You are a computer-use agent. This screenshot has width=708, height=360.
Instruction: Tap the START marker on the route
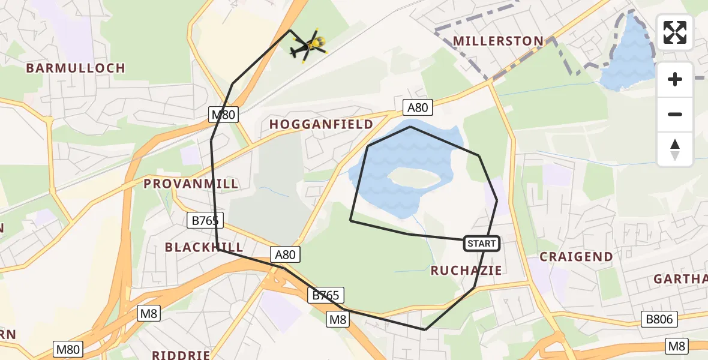(x=481, y=244)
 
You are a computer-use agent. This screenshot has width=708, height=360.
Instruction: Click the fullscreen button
(x=675, y=32)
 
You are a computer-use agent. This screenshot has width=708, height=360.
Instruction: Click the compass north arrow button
(x=675, y=149)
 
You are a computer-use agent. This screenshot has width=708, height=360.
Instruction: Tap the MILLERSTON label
(x=498, y=41)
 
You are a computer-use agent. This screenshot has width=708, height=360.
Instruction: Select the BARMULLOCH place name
(x=76, y=68)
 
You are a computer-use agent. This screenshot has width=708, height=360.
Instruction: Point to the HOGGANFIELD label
(x=321, y=124)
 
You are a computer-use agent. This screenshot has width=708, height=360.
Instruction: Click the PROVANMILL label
(x=191, y=184)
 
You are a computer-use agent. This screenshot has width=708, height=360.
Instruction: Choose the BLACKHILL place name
(x=204, y=247)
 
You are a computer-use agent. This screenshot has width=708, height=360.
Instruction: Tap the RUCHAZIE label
(x=466, y=271)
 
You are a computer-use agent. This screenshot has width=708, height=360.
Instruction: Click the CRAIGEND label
(x=576, y=257)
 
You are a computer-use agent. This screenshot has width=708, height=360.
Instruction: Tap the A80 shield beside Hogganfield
(x=418, y=107)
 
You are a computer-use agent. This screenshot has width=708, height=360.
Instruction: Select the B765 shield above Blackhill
(x=205, y=221)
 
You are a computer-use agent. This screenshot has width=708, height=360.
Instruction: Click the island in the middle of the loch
(x=414, y=178)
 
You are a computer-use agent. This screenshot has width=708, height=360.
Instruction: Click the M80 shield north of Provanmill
(x=224, y=115)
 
